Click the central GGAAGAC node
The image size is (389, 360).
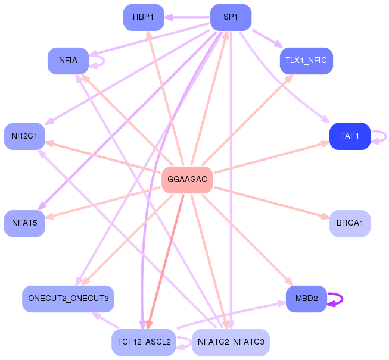[x=187, y=179]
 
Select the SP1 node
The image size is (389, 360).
[x=231, y=17]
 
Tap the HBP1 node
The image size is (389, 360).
[x=144, y=17]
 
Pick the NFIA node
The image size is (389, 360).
[x=69, y=61]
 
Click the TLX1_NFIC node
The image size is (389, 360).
[x=306, y=61]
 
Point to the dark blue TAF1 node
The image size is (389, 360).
[x=350, y=136]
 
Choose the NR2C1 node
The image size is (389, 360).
[x=24, y=136]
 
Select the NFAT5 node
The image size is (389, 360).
[x=24, y=223]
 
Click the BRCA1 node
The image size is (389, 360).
[x=350, y=223]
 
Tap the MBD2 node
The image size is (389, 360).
[x=306, y=299]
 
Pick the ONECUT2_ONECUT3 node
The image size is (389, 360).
[x=69, y=299]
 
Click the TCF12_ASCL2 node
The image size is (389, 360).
[x=144, y=342]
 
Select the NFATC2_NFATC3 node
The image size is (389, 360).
[x=231, y=342]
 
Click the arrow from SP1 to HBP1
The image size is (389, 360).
[x=187, y=18]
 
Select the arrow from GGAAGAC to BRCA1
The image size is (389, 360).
[x=272, y=203]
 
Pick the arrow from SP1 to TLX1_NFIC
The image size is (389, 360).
[x=267, y=39]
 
